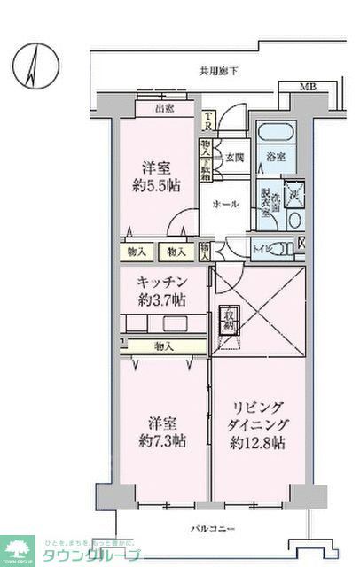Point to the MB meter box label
[307, 85]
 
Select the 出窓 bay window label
[164, 109]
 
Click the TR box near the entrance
[207, 118]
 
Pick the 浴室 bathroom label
[275, 158]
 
